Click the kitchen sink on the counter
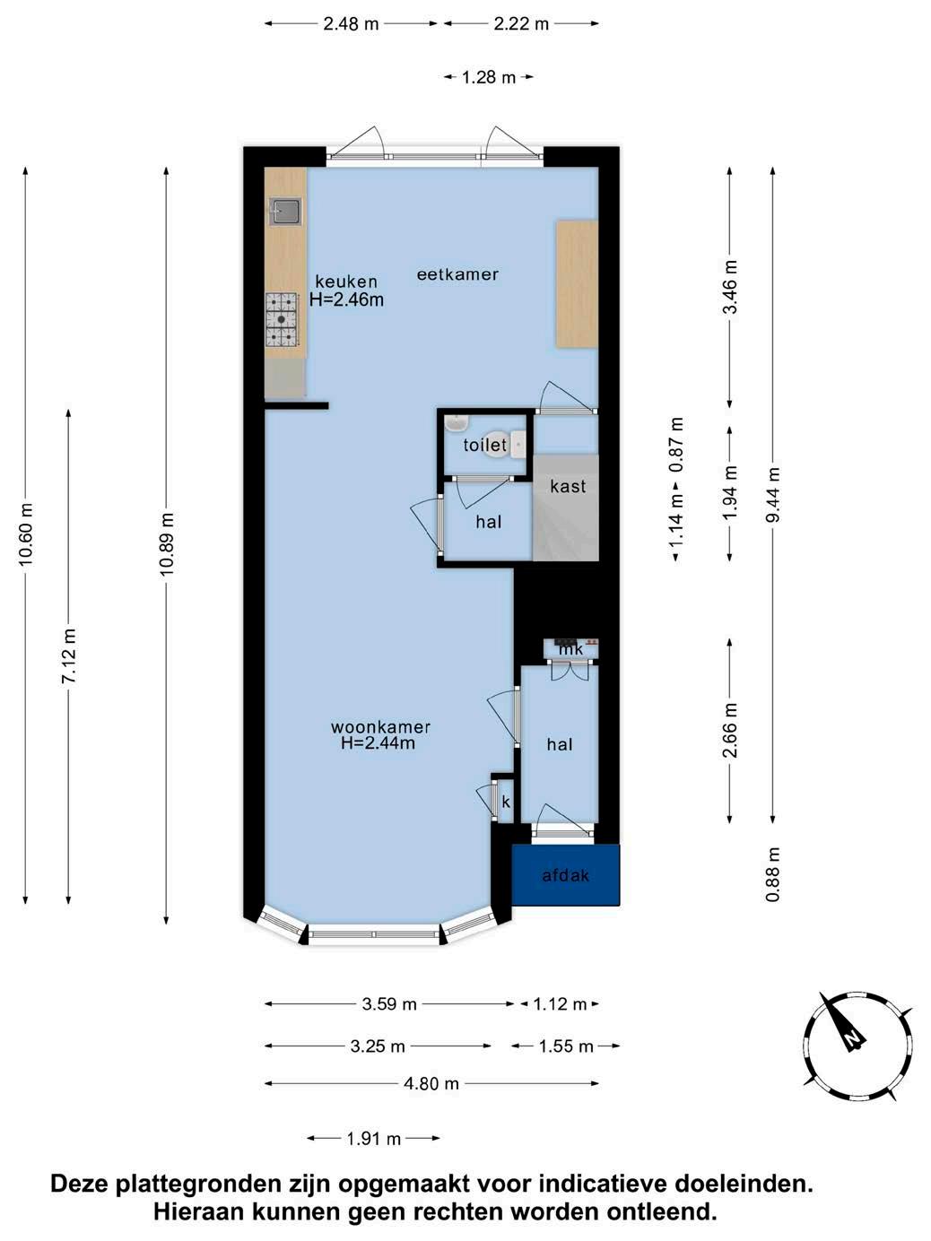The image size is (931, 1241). tap(286, 212)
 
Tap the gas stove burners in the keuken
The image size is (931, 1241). tap(282, 319)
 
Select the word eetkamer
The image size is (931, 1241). tap(457, 274)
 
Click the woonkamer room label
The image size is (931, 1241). tap(380, 727)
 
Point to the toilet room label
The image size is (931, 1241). tap(485, 445)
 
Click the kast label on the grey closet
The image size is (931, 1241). tap(568, 486)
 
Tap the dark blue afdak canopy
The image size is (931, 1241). tap(565, 874)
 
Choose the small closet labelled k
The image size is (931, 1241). tap(506, 801)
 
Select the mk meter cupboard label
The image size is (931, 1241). tap(570, 649)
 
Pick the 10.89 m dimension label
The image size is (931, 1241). tap(166, 544)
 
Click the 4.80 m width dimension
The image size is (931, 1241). tap(431, 1083)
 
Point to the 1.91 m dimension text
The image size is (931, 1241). tap(374, 1138)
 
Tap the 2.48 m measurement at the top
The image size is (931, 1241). tap(351, 24)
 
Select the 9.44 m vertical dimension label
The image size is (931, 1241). tap(773, 495)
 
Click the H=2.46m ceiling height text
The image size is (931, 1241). tap(346, 299)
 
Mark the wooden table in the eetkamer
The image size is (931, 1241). tap(577, 284)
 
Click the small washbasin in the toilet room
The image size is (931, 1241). tap(456, 423)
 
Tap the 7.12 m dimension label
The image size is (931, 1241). tap(68, 655)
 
